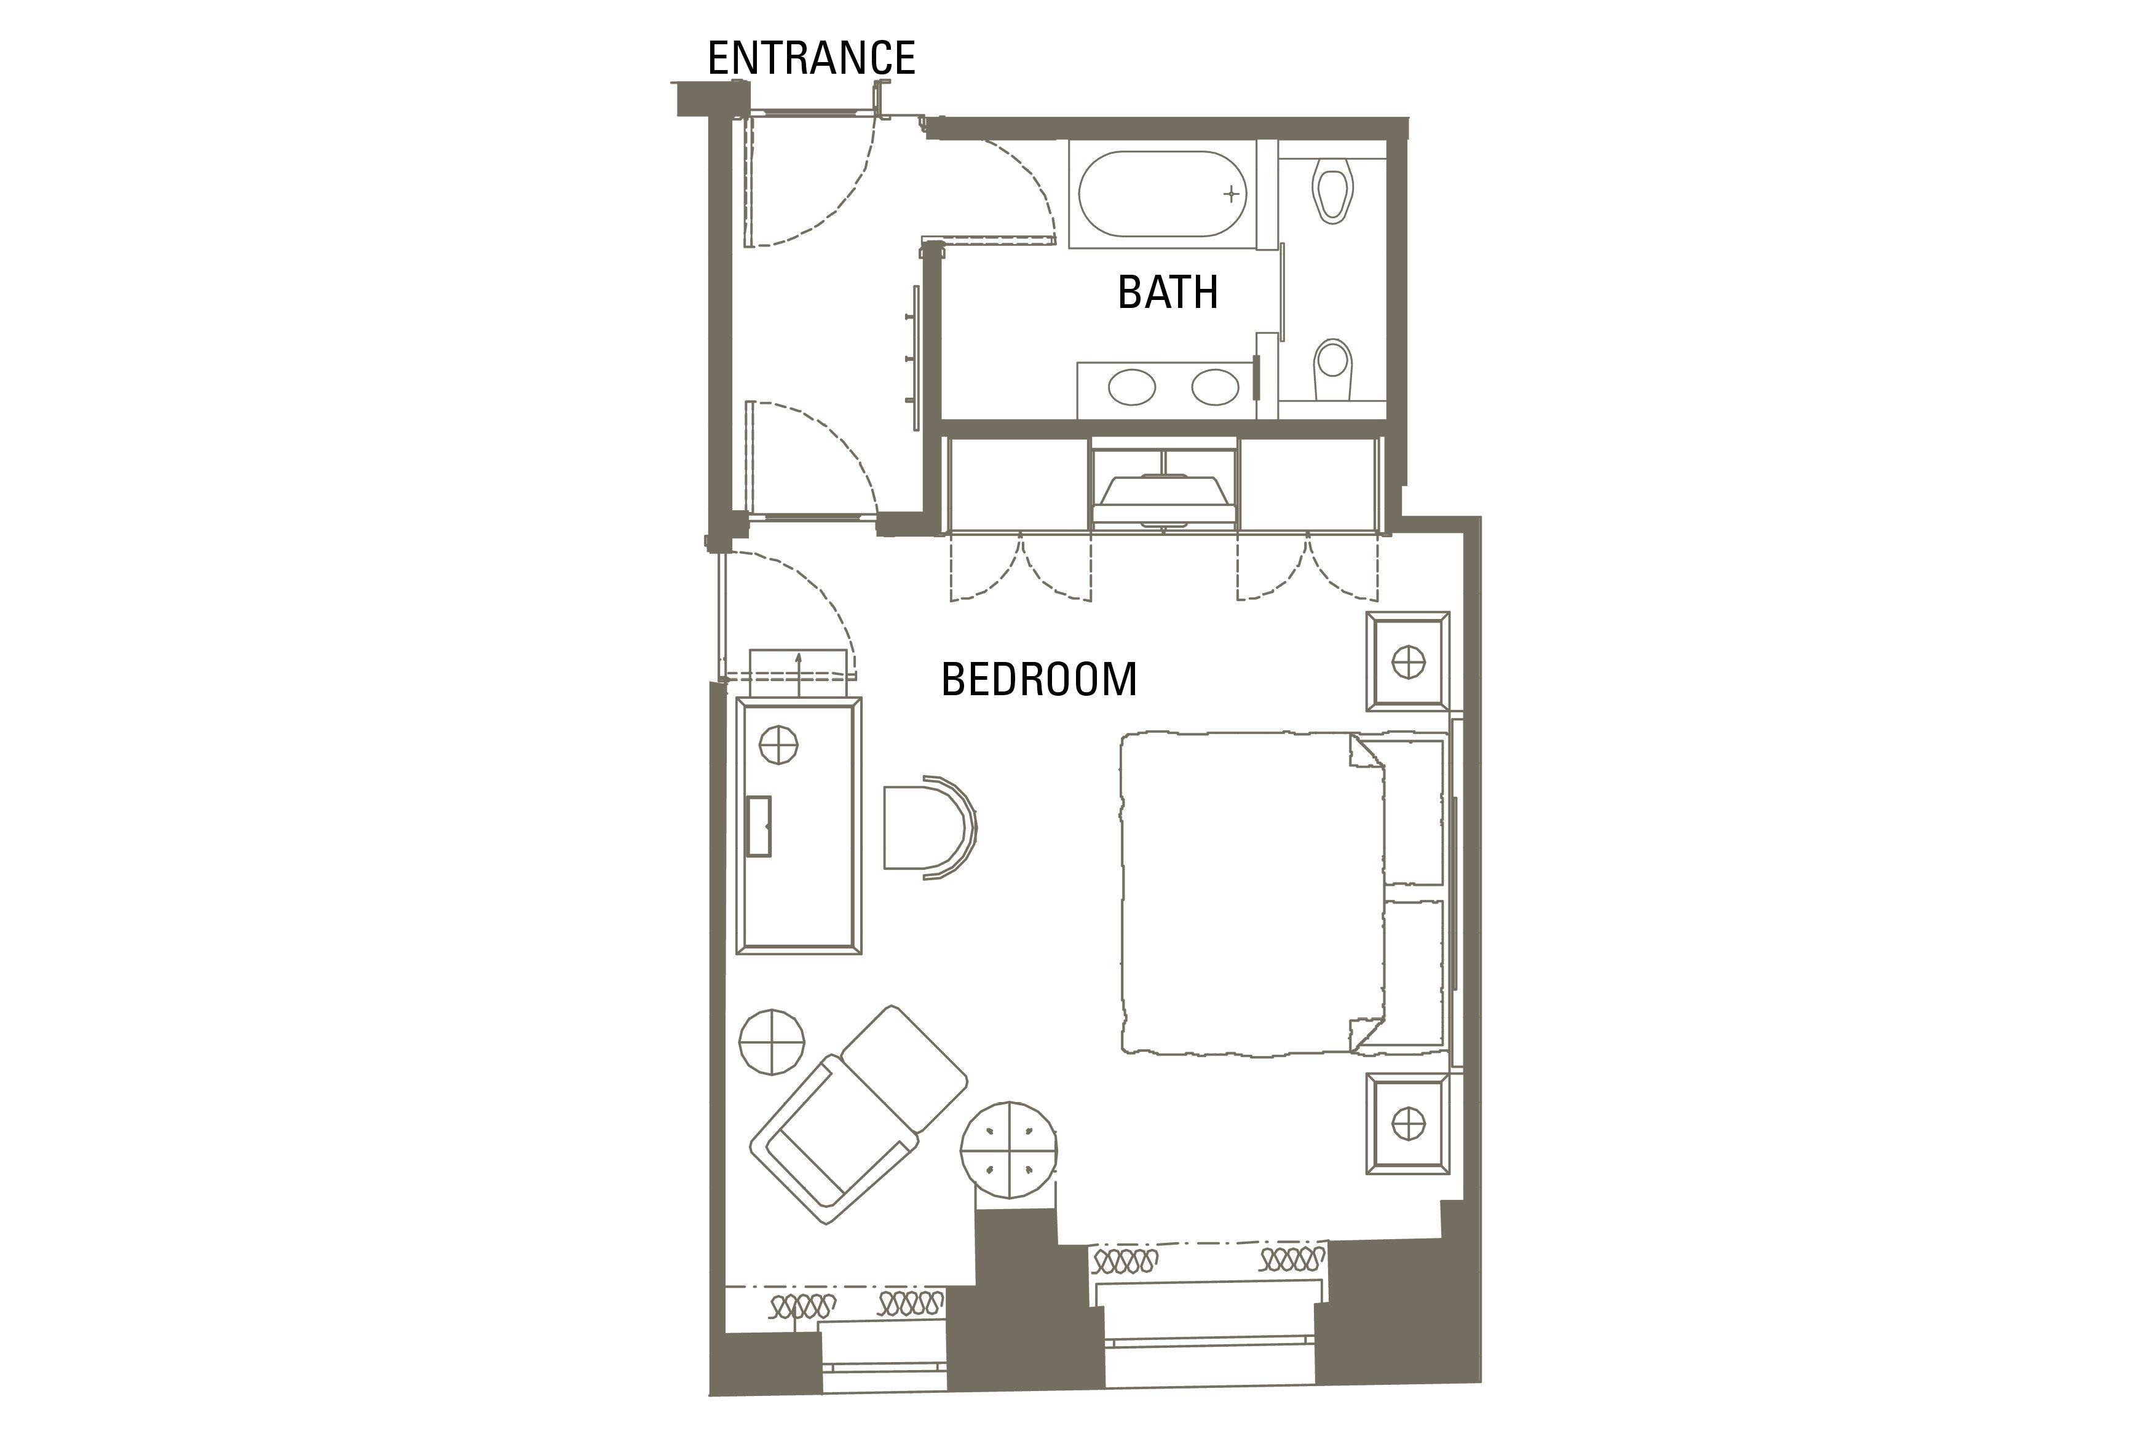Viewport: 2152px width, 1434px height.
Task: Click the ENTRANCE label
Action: [811, 58]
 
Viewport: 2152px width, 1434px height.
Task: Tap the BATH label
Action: [1168, 292]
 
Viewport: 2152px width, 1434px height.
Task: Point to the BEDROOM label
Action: [1039, 679]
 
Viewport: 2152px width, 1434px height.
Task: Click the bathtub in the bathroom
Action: [1163, 194]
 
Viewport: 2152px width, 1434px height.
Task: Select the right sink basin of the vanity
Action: [1216, 387]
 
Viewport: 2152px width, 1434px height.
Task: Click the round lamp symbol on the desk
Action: [779, 744]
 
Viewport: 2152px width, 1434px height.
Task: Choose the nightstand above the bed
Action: [1407, 661]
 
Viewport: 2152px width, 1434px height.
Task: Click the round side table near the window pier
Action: [1009, 1149]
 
